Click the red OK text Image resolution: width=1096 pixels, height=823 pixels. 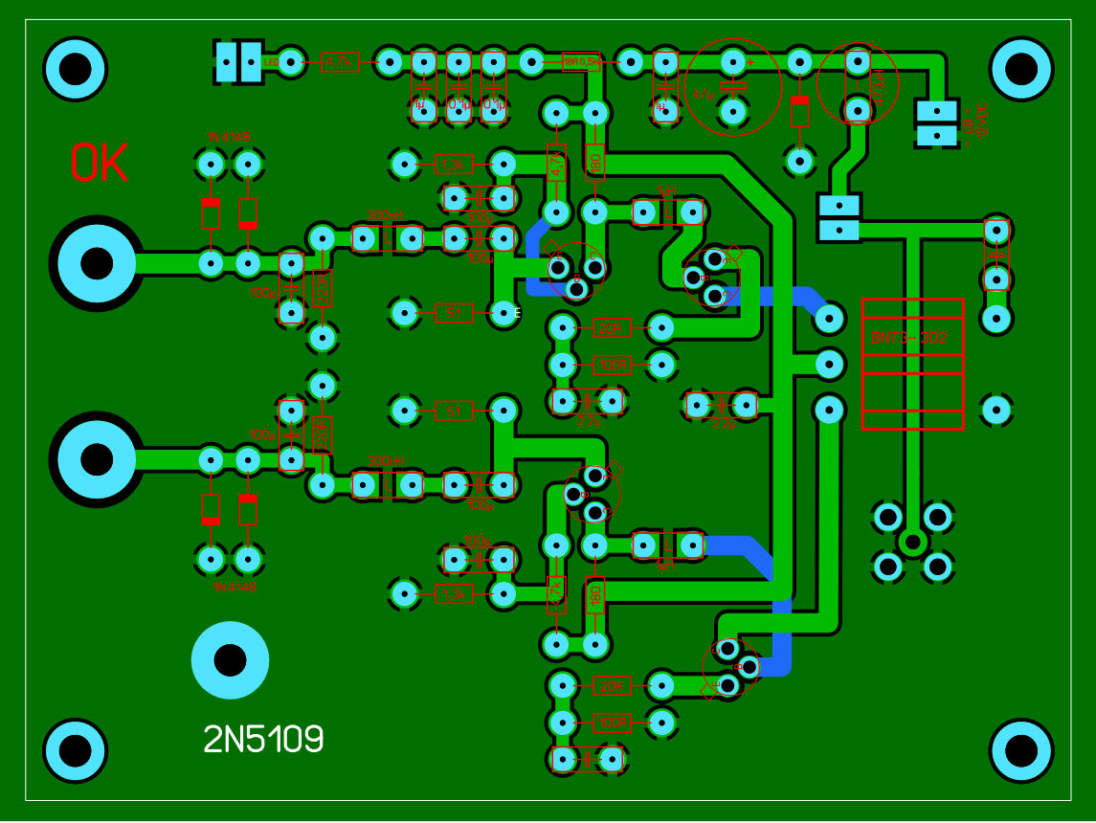coord(100,164)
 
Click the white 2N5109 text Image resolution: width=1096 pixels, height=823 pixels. coord(263,739)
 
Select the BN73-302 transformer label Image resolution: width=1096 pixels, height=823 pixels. coord(910,338)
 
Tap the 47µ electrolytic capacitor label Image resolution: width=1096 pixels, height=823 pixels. coord(703,95)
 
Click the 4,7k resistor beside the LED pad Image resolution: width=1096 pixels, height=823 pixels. coord(340,62)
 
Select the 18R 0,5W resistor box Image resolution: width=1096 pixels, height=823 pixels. coord(581,62)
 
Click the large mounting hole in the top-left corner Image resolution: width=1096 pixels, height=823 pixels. coord(75,69)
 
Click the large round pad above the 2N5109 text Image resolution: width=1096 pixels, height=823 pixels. coord(230,659)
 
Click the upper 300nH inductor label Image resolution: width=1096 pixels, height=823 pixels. coord(385,215)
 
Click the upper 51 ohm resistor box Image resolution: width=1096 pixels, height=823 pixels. coord(454,312)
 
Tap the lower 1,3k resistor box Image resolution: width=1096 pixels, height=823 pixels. coord(454,594)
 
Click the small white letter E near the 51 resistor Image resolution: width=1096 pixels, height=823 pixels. coord(518,313)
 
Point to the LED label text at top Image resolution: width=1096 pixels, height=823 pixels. coord(270,62)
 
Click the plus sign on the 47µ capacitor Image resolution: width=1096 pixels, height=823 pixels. coord(750,62)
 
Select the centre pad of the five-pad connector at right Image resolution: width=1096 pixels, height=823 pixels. coord(912,543)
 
